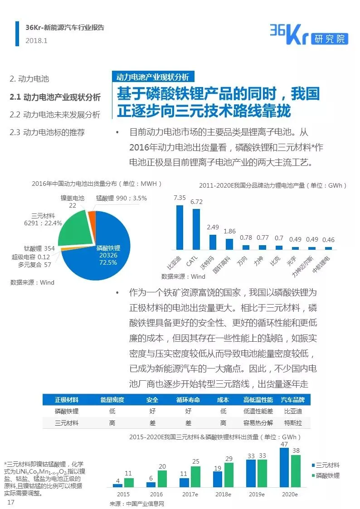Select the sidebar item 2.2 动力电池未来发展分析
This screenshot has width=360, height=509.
coord(55,115)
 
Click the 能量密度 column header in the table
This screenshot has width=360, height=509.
coord(112,400)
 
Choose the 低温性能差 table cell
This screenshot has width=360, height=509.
coord(258,412)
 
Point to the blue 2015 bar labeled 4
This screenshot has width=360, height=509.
coord(118,485)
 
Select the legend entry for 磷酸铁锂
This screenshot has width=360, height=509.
coord(327,475)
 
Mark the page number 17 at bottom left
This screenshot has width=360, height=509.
coord(11,503)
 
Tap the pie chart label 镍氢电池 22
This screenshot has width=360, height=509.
coord(73,202)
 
